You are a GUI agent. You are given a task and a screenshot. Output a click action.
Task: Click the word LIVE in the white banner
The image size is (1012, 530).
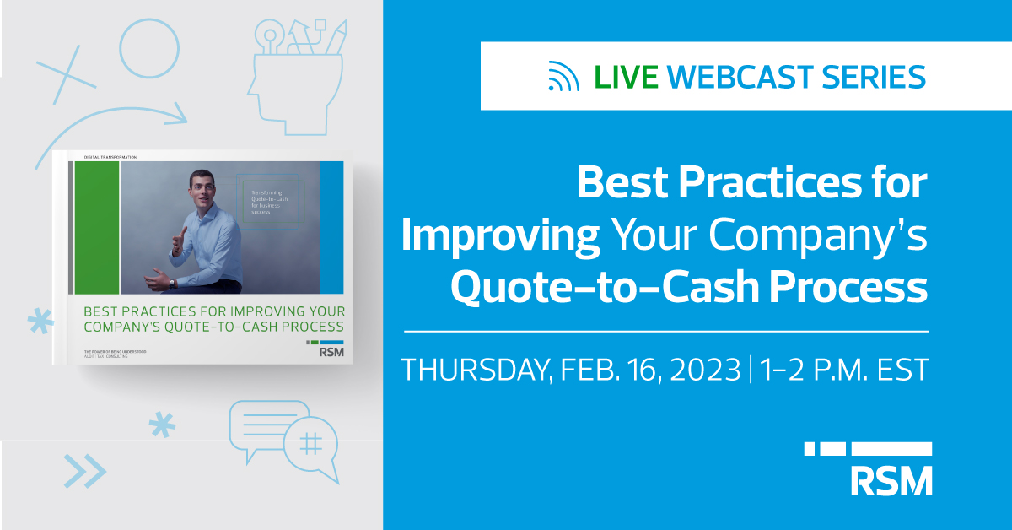(626, 77)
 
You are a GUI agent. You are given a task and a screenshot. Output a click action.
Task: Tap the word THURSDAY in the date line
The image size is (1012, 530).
(473, 370)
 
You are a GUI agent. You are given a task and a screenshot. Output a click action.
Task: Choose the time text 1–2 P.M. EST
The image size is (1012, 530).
(843, 370)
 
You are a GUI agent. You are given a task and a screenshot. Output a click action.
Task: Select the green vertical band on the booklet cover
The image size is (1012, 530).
(97, 228)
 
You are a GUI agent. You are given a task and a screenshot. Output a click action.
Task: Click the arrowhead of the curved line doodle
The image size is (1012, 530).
(177, 111)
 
